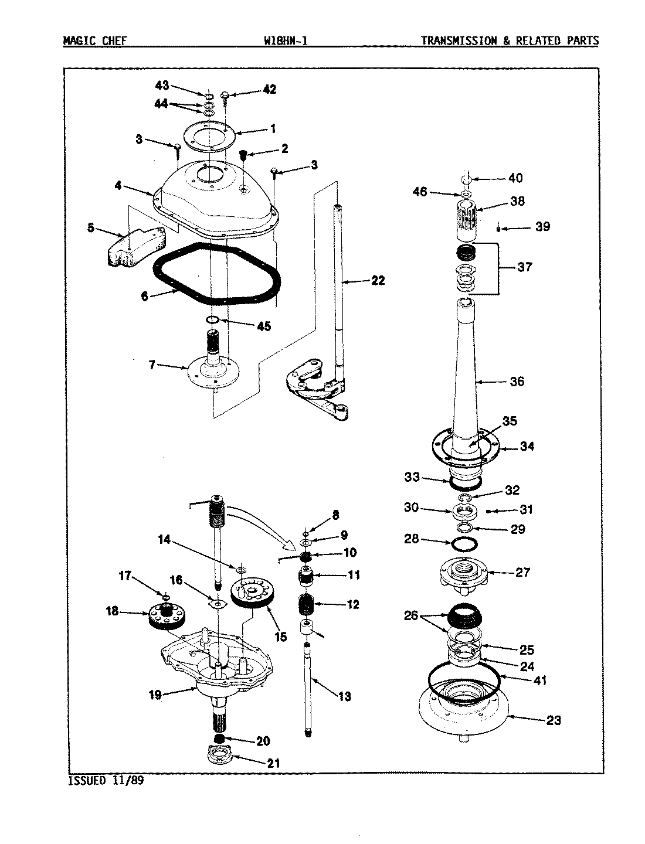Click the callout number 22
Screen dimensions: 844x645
pos(378,281)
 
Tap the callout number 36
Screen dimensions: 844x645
pos(517,382)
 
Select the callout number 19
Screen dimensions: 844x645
pos(154,695)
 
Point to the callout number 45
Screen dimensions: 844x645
pos(264,326)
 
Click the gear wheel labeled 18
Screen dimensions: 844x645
pos(164,617)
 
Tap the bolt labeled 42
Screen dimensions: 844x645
pos(226,96)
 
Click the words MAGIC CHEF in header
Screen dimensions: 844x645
pos(94,41)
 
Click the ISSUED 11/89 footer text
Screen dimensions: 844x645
pos(106,780)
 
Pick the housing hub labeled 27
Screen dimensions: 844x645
pos(463,571)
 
